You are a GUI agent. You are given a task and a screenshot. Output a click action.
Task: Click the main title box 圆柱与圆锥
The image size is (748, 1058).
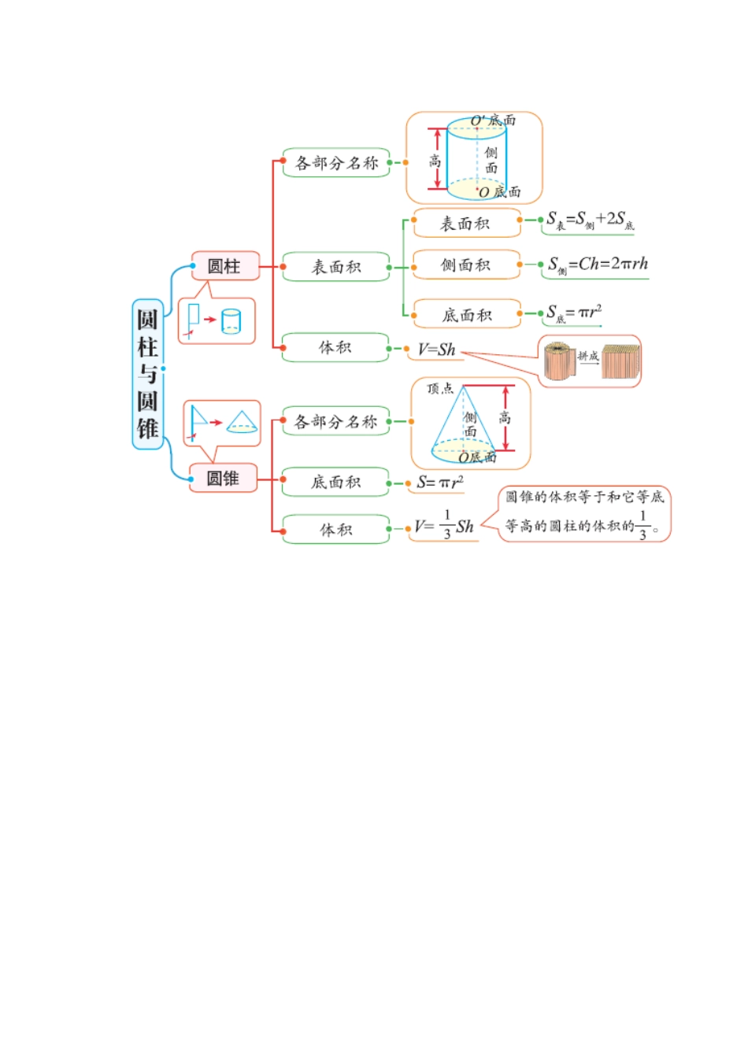[x=147, y=374]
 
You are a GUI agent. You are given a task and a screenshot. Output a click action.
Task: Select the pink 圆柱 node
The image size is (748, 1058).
[x=224, y=266]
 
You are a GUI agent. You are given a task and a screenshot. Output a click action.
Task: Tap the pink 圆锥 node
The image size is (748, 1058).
[x=224, y=478]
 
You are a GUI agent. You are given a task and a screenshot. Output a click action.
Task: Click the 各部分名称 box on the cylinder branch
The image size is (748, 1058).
[x=336, y=163]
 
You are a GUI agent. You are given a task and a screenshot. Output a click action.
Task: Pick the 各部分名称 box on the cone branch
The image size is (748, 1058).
[x=336, y=421]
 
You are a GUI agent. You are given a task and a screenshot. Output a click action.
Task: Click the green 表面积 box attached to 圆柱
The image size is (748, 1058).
[x=336, y=267]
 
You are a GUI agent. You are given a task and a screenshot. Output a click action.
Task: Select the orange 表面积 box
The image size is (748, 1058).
[x=466, y=224]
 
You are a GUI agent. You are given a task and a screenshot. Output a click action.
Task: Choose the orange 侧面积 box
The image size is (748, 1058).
[x=466, y=265]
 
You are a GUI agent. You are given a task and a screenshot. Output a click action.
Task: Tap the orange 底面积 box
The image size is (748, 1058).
[x=466, y=315]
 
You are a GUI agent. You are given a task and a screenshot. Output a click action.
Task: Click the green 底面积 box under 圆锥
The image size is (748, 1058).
[x=336, y=482]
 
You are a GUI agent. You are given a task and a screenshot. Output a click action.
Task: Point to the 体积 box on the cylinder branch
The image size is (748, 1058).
[x=335, y=347]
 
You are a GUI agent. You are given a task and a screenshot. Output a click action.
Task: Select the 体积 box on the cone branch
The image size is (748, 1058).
[x=336, y=530]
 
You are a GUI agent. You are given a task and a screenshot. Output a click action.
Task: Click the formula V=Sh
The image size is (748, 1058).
[x=437, y=350]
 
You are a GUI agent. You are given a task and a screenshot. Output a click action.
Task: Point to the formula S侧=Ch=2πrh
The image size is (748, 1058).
[x=598, y=264]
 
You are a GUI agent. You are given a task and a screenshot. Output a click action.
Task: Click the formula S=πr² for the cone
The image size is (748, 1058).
[x=440, y=482]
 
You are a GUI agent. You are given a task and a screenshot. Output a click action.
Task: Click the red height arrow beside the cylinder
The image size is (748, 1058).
[x=437, y=160]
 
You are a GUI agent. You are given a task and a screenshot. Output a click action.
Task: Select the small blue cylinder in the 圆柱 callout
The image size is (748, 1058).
[x=231, y=321]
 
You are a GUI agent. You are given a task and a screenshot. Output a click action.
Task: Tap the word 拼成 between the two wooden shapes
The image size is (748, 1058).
[x=588, y=357]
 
